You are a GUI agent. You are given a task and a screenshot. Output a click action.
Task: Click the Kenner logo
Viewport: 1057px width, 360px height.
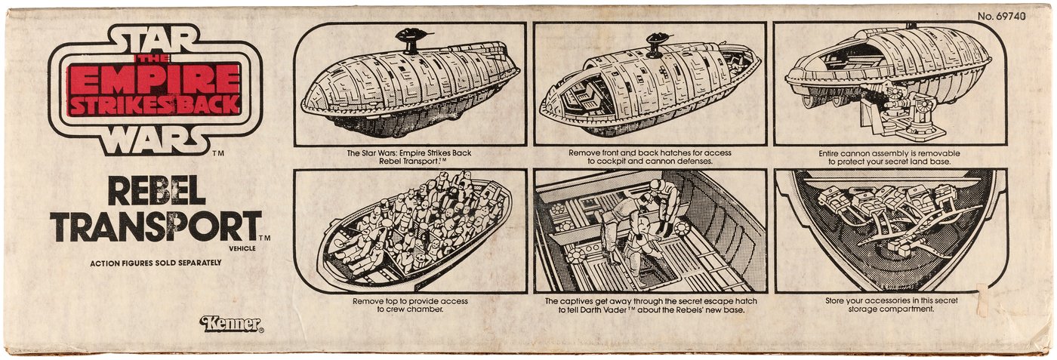click(x=231, y=325)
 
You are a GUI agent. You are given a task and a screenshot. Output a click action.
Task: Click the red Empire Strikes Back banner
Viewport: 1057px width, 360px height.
click(x=154, y=88)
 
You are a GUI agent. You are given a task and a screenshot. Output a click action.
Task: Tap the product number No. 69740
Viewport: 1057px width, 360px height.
click(x=1001, y=16)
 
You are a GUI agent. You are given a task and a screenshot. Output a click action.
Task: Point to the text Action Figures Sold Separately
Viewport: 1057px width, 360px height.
click(x=156, y=262)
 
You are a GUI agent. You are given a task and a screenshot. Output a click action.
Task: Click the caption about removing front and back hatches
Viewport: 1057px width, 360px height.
click(x=650, y=157)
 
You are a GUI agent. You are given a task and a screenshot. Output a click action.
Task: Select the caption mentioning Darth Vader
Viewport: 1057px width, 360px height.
click(x=650, y=306)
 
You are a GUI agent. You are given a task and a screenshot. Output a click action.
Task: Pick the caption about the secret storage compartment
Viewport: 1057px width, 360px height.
click(x=890, y=305)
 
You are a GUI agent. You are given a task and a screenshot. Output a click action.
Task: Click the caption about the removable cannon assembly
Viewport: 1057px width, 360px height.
click(x=890, y=157)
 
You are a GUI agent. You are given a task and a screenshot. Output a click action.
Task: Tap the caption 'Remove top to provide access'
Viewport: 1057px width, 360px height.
click(x=410, y=305)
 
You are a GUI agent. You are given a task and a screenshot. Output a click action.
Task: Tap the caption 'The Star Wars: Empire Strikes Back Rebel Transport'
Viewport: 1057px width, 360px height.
click(x=410, y=157)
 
